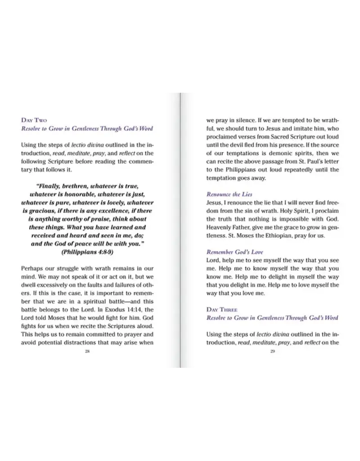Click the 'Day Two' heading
(x=34, y=120)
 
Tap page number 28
(x=87, y=351)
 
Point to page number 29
(x=272, y=351)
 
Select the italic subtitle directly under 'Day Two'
(x=87, y=128)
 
